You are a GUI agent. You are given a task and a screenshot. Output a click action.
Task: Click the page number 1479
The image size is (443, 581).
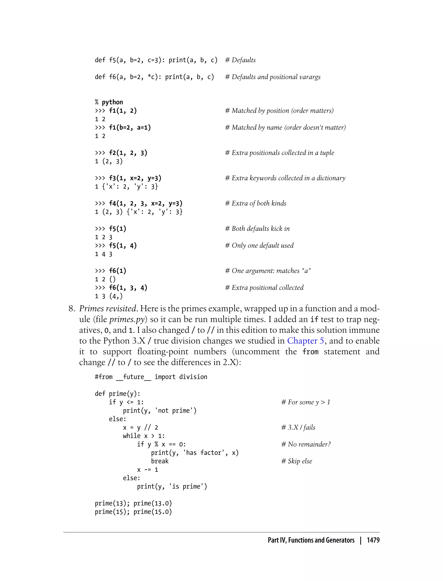click(373, 540)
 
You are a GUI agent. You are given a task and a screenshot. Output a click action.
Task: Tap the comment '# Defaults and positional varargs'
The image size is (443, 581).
click(273, 77)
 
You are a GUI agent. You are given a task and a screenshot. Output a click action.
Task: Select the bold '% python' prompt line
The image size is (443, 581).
click(109, 102)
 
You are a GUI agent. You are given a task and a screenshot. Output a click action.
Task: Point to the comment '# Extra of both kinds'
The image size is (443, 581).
click(255, 203)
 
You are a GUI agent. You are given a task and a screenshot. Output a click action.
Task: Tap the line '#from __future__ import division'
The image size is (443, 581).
click(151, 377)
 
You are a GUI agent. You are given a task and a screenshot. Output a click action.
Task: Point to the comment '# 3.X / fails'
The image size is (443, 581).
click(298, 427)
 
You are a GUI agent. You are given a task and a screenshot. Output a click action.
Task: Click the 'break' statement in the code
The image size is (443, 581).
click(160, 461)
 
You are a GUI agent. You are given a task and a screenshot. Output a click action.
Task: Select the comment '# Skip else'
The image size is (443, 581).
click(296, 461)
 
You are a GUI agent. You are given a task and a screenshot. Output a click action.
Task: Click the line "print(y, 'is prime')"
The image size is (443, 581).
click(172, 486)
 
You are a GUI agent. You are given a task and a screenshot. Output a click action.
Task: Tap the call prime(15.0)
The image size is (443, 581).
click(152, 512)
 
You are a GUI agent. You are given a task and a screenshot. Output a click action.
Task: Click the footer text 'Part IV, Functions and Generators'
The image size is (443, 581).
click(311, 540)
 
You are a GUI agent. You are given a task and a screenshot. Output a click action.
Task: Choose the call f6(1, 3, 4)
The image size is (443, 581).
click(128, 288)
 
